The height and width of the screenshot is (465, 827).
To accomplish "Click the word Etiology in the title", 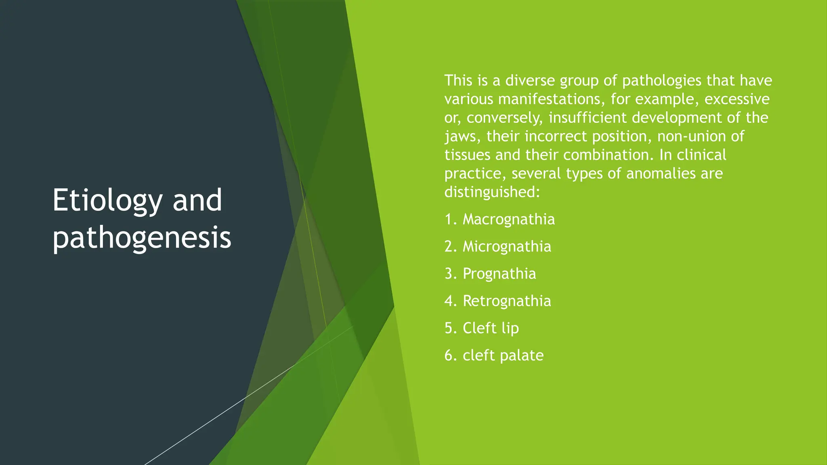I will pyautogui.click(x=107, y=201).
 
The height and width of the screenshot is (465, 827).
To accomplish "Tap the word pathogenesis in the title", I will pyautogui.click(x=142, y=238).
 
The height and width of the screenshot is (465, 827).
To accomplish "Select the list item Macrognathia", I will pyautogui.click(x=508, y=219).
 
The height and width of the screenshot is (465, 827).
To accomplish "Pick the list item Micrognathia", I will pyautogui.click(x=507, y=246).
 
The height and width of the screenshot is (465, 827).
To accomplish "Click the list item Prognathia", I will pyautogui.click(x=499, y=274).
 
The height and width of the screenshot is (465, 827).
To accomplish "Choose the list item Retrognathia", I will pyautogui.click(x=507, y=301).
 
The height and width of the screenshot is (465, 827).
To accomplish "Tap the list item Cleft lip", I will pyautogui.click(x=491, y=328).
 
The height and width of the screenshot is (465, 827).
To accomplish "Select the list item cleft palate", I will pyautogui.click(x=503, y=355).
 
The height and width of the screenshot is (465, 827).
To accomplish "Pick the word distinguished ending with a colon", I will pyautogui.click(x=492, y=192).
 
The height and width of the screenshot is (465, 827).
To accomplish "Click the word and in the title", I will pyautogui.click(x=197, y=201).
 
